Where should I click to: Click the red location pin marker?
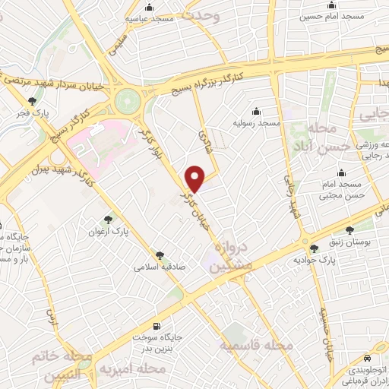coord(195,178)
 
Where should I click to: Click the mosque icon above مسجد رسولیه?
coord(256,111)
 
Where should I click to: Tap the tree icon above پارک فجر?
coord(31,101)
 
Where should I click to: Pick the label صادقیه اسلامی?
coord(155,267)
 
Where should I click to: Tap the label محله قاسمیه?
coord(256,346)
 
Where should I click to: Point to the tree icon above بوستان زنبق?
coord(350,229)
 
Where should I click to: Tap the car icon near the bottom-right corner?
coord(368,357)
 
